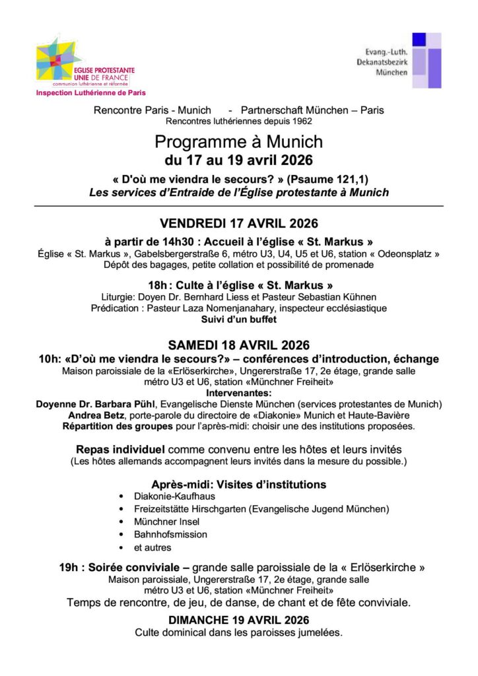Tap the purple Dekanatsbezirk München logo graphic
tap(427, 60)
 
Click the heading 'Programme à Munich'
tap(238, 142)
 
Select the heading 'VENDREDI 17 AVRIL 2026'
tap(238, 223)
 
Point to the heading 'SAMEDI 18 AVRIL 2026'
tap(238, 345)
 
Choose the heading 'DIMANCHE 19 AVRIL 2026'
tap(238, 620)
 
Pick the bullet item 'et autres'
tap(153, 547)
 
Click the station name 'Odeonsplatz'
tap(404, 253)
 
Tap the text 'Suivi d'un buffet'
tap(238, 319)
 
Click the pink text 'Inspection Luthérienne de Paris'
tap(90, 93)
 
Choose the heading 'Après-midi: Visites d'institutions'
tap(238, 484)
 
